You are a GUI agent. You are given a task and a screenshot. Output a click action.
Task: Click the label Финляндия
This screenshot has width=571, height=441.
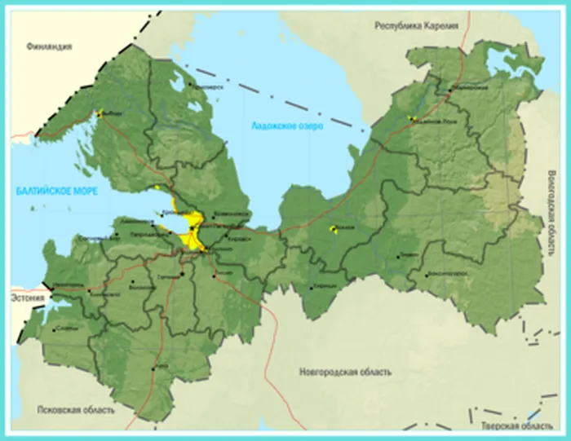tap(49, 46)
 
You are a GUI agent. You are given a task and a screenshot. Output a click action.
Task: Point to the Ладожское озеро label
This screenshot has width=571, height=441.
tap(286, 126)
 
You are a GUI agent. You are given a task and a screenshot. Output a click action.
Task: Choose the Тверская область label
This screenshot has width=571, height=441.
tap(516, 426)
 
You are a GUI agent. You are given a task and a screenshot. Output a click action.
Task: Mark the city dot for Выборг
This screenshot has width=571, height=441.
tap(100, 114)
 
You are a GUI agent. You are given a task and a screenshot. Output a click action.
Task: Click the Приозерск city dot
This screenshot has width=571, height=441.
tap(190, 84)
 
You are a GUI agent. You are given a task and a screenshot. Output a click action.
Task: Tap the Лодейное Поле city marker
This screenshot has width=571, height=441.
tap(412, 118)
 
